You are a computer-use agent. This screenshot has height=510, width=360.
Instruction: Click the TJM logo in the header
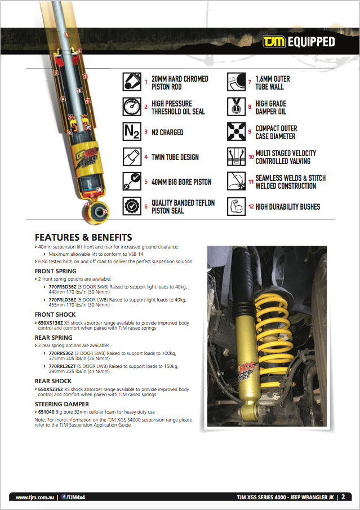[274, 42]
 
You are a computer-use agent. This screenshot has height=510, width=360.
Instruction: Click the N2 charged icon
[132, 132]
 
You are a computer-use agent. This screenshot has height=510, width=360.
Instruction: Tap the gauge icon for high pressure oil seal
[132, 107]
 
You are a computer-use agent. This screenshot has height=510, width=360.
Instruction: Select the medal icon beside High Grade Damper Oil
[237, 107]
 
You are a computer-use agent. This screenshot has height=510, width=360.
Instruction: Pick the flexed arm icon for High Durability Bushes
[237, 207]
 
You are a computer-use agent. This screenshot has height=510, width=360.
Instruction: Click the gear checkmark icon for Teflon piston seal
[132, 207]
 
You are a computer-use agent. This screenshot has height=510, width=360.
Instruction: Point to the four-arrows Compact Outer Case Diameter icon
[237, 132]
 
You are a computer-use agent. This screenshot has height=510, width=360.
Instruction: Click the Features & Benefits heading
[83, 237]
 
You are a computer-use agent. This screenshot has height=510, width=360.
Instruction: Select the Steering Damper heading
[62, 404]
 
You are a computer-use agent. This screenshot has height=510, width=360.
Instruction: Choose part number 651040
[46, 413]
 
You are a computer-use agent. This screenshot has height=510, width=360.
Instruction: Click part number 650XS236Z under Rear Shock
[51, 389]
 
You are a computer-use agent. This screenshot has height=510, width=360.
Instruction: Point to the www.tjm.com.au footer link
[34, 498]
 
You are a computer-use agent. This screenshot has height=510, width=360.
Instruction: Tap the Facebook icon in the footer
[64, 498]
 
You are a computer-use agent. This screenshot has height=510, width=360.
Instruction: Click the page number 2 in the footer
[343, 497]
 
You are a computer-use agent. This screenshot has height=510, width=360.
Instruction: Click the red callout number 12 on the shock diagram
[105, 211]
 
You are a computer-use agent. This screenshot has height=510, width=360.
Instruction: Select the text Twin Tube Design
[175, 157]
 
